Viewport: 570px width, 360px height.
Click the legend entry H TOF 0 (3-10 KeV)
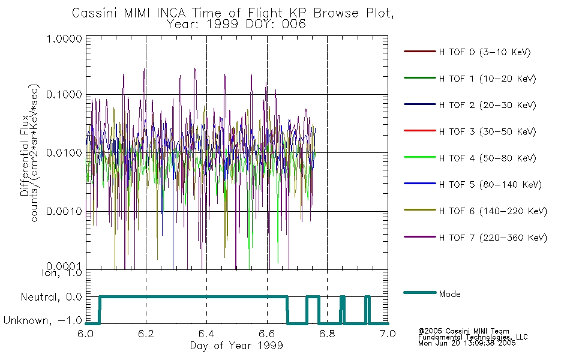pos(467,52)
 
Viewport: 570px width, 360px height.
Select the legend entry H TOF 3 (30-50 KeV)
pos(470,131)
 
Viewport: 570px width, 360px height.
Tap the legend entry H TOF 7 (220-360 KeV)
pos(475,238)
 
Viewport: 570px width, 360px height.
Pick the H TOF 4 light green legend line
pos(420,157)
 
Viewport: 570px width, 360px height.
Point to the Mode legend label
pos(449,294)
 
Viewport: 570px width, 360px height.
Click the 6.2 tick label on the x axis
pos(146,334)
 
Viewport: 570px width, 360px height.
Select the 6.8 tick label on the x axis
pos(327,334)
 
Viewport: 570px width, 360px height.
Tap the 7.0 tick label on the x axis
pos(388,334)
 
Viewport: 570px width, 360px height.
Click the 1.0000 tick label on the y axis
pos(64,38)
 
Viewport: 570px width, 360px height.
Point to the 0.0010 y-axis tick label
pos(64,211)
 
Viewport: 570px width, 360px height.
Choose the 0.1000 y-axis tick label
pos(64,95)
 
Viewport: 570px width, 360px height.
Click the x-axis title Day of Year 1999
pos(236,346)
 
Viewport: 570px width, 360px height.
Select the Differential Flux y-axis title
pos(25,155)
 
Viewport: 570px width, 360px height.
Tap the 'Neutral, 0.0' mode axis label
pos(51,297)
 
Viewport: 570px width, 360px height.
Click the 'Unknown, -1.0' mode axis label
pos(43,320)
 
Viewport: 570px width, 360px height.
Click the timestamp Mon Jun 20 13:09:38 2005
pos(467,343)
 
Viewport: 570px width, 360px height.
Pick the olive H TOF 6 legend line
pos(420,210)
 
